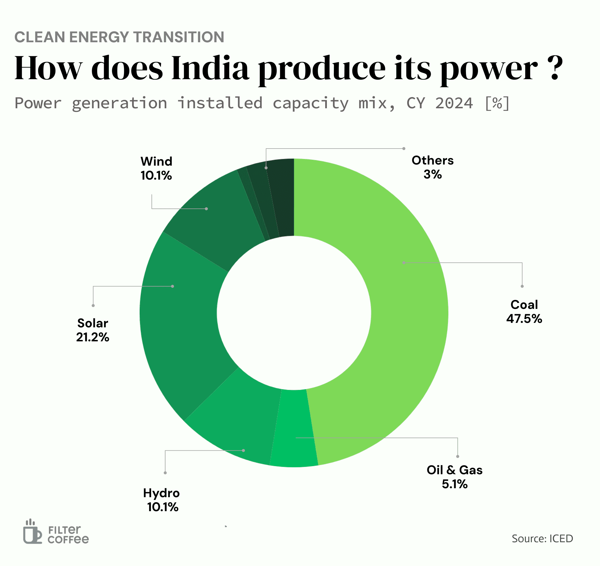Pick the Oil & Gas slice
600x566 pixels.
[294, 428]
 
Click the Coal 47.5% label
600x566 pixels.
[524, 312]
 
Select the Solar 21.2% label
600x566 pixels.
[93, 330]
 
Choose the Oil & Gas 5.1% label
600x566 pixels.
[454, 477]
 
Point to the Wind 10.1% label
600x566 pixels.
[156, 168]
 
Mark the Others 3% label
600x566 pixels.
[432, 167]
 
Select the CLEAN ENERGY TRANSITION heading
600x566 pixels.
[119, 37]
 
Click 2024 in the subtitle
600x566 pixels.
[454, 104]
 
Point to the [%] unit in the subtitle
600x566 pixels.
[497, 104]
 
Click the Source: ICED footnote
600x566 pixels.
[542, 539]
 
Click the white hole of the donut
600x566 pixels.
[294, 313]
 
